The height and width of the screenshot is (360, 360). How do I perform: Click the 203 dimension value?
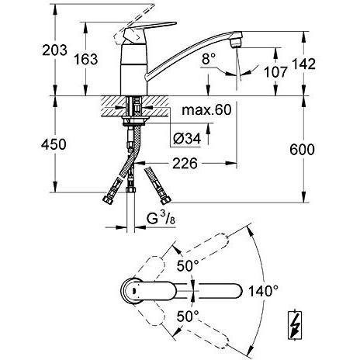tap(54, 50)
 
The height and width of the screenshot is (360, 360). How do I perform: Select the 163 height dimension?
tap(86, 59)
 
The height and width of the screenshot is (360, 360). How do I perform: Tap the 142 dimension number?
tap(303, 64)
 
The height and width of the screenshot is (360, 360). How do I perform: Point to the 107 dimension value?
tap(275, 72)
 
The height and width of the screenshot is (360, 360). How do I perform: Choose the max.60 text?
tap(206, 110)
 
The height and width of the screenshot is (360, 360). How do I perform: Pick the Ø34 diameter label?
tap(187, 139)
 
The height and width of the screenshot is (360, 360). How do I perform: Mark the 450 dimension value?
tap(54, 144)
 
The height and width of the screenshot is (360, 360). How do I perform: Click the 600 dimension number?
tap(302, 150)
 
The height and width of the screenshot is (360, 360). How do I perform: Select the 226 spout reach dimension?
tap(185, 163)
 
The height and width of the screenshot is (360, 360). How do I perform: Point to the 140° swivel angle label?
tap(263, 291)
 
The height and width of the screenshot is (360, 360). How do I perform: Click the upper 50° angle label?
tap(188, 265)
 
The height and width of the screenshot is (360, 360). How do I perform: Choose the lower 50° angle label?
tap(188, 316)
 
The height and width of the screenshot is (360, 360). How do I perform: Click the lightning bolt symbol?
tap(296, 324)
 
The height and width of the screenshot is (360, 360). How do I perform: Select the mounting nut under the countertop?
tap(136, 121)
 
